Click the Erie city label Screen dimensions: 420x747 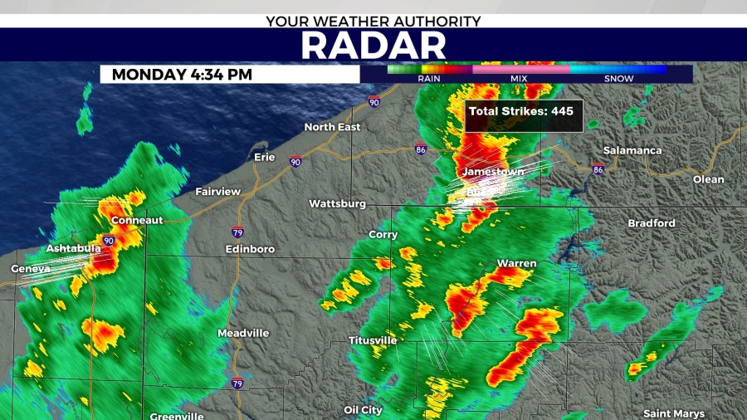point(264,156)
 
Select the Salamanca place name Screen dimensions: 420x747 point(632,150)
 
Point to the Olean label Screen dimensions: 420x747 point(708,179)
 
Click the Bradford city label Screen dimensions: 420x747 point(651,223)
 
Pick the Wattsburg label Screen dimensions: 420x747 point(338,203)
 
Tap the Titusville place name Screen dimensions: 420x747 point(373,340)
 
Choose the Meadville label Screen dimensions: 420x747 point(243,333)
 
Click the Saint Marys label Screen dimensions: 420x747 point(674,413)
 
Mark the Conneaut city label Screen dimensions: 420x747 point(137,220)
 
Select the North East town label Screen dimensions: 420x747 point(332,127)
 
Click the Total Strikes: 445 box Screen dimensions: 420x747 point(520,110)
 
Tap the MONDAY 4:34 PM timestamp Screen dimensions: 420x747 point(182,74)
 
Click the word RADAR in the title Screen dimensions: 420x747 point(373,45)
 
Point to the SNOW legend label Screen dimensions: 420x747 point(618,79)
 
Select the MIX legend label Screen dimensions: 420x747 point(519,79)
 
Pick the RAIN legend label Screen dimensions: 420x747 point(429,79)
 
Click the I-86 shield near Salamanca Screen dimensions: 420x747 point(598,168)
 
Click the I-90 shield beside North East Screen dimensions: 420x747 point(374,102)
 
